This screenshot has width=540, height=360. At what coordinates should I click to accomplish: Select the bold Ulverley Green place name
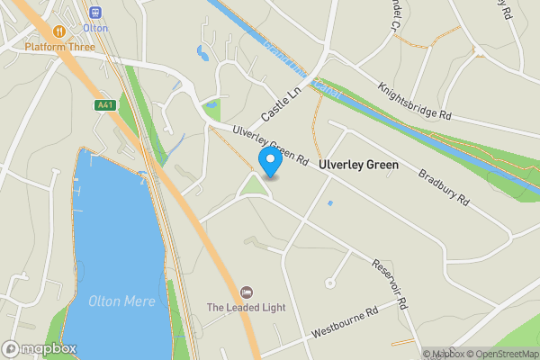[357, 166]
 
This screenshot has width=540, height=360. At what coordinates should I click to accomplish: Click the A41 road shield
[104, 105]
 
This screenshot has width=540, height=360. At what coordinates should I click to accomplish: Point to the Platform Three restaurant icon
[59, 31]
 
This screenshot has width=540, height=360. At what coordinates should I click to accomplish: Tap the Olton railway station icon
[96, 13]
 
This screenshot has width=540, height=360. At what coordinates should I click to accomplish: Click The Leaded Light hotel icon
[247, 292]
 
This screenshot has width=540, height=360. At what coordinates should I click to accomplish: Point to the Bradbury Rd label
[445, 185]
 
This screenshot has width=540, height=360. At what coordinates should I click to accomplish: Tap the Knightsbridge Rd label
[415, 102]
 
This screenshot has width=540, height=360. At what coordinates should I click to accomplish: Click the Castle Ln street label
[281, 106]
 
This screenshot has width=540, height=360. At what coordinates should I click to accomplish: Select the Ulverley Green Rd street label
[271, 146]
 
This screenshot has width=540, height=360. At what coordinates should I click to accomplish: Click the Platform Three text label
[59, 46]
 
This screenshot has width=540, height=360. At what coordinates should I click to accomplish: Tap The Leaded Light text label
[246, 308]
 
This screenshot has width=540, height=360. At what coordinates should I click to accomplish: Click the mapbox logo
[40, 349]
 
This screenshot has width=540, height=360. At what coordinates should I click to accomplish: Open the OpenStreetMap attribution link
[502, 354]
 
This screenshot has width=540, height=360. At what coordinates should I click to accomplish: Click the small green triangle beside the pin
[253, 188]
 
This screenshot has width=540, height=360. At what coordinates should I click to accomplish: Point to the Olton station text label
[96, 28]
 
